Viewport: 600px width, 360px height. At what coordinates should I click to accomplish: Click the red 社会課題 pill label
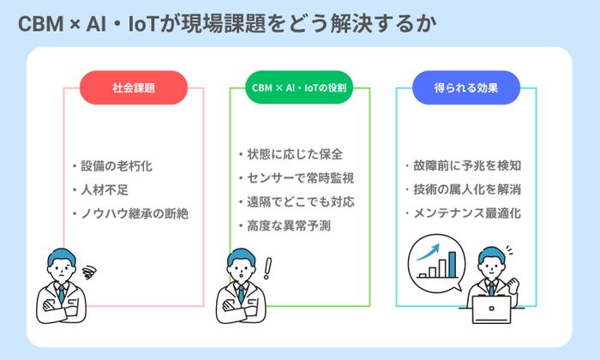pos(133,87)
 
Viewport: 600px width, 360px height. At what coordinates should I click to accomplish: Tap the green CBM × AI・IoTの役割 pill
pos(300,87)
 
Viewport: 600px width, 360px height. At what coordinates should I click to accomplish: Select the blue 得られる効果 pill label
pos(466,87)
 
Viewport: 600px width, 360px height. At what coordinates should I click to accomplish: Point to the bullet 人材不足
pos(105,189)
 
